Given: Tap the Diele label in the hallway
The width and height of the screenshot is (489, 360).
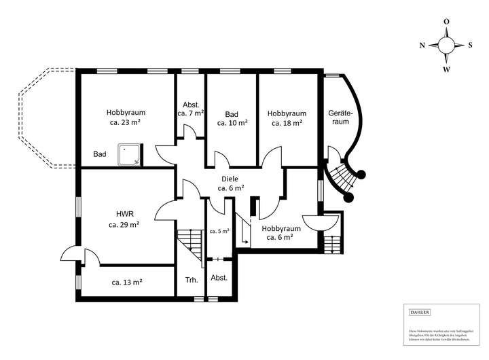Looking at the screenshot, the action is click(x=230, y=178).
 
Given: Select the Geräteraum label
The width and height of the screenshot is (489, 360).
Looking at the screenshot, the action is click(x=339, y=118).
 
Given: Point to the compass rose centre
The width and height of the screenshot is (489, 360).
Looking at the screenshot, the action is click(x=446, y=46).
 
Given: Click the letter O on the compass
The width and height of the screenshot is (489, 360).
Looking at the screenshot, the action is click(x=446, y=22).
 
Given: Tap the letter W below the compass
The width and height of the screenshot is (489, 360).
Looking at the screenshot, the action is click(x=446, y=69).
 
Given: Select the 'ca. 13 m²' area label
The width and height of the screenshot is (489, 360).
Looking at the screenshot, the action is click(x=127, y=281).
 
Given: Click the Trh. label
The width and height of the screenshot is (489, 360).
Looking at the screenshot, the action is click(x=191, y=280).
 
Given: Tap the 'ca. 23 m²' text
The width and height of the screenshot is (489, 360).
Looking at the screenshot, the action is click(x=126, y=124).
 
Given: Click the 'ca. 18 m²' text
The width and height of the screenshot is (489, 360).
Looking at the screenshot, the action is click(x=287, y=124).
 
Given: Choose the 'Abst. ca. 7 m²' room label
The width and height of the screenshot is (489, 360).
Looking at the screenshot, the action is click(x=191, y=109).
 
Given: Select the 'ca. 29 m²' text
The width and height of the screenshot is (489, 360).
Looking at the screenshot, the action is click(x=124, y=223).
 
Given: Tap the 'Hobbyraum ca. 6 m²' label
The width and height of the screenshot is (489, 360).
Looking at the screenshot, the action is click(x=280, y=233).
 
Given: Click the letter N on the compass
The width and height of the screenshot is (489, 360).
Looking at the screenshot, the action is click(x=422, y=46).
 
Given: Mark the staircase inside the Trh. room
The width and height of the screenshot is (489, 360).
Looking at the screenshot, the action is click(x=190, y=245).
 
